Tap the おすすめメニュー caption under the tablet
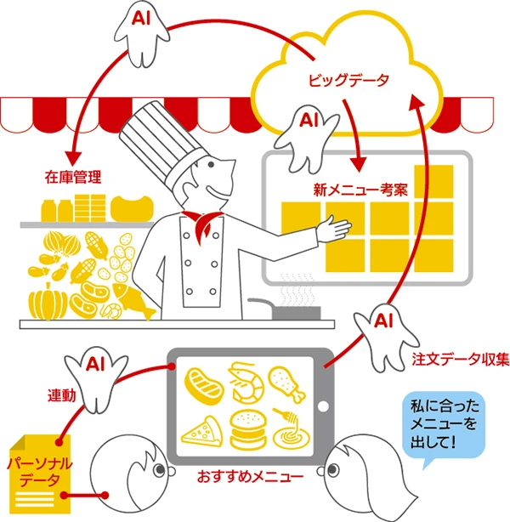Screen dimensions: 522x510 click(x=254, y=477)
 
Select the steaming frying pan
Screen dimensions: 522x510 click(x=294, y=311)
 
